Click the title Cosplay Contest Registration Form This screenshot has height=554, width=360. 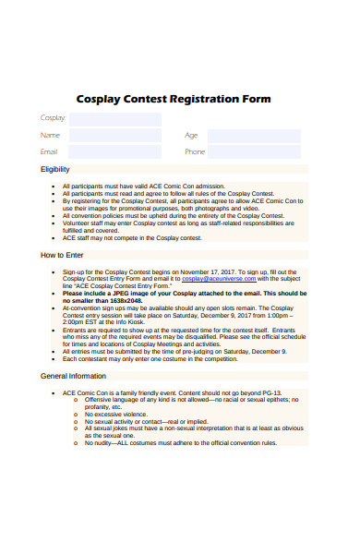173,100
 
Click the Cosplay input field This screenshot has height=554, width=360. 114,119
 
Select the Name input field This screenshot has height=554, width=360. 114,136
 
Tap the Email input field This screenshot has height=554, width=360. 114,152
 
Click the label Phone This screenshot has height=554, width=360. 195,152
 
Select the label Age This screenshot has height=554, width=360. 191,136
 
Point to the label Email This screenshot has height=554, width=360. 49,152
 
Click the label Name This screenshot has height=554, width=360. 50,136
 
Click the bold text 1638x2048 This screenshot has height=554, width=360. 125,300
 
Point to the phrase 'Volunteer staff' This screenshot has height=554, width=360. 82,223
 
